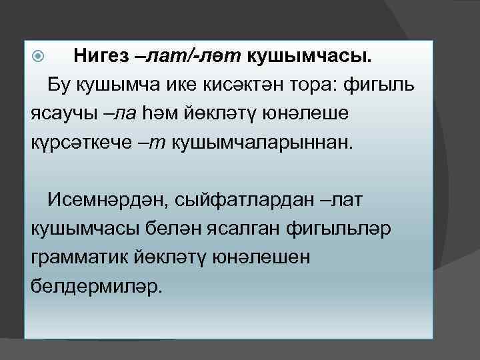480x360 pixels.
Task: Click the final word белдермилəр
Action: [96, 284]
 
